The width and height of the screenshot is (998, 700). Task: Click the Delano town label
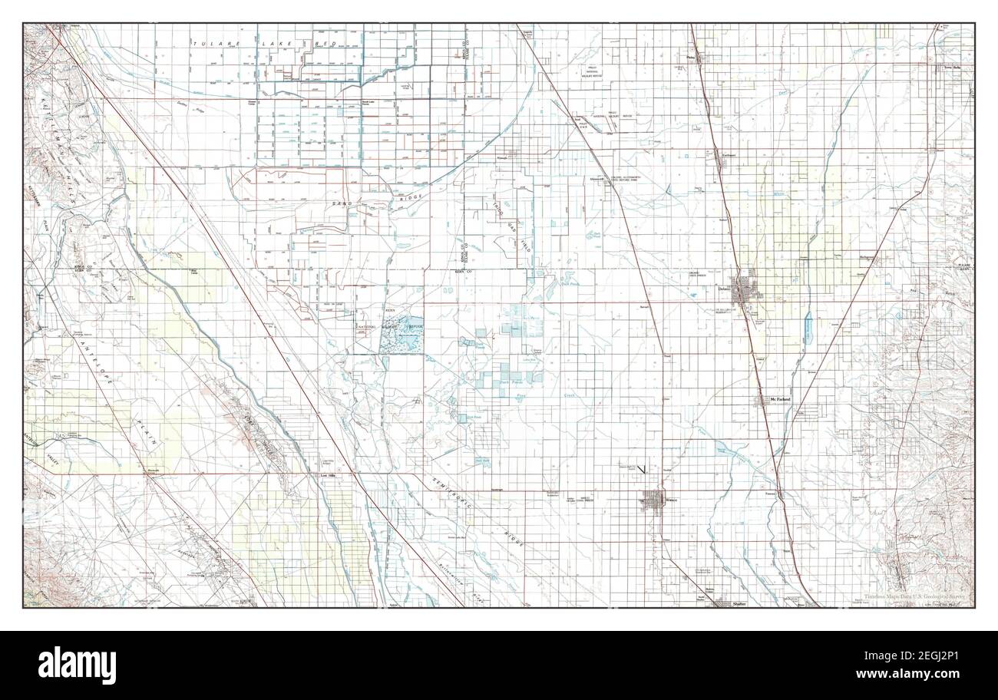click(x=723, y=289)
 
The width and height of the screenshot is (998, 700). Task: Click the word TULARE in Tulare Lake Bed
click(x=207, y=43)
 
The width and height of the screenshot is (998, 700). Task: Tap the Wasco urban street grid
click(x=653, y=501)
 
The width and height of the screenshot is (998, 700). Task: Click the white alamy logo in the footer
click(x=77, y=665)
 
